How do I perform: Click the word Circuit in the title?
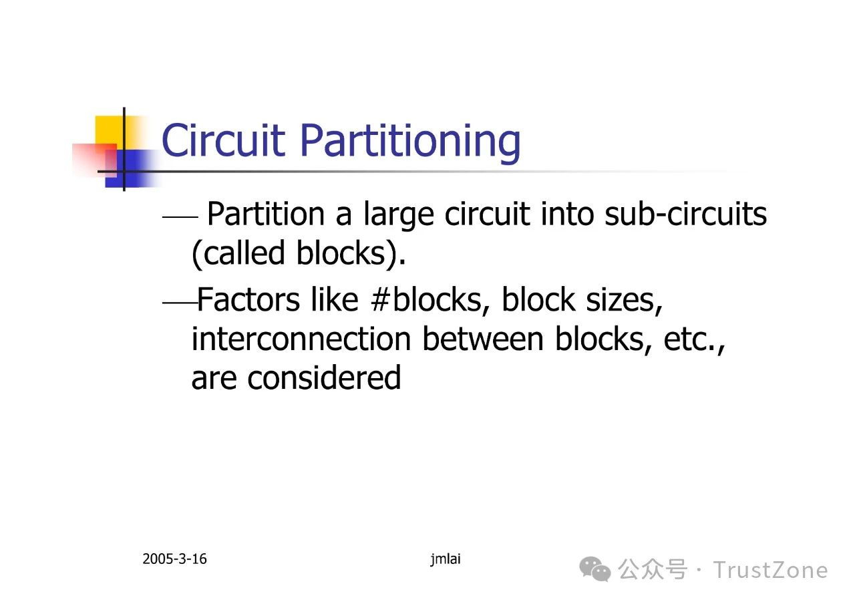coord(223,140)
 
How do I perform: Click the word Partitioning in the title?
coord(411,143)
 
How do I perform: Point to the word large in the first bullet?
coord(399,215)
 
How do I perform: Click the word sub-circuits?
coord(686,214)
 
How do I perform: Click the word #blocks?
coord(430,301)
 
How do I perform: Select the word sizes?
coord(624,301)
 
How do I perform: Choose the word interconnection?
coord(301,339)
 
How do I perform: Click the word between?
coord(483,338)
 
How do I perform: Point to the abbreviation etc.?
coord(694,341)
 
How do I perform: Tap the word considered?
coord(325,377)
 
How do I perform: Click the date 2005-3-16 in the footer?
coord(174,559)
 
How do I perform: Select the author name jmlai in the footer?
coord(446,559)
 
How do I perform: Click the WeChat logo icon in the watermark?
coord(595,569)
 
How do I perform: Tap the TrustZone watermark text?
coord(770,570)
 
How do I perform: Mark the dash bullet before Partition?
coord(180,217)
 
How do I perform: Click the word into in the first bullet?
coord(567,214)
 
